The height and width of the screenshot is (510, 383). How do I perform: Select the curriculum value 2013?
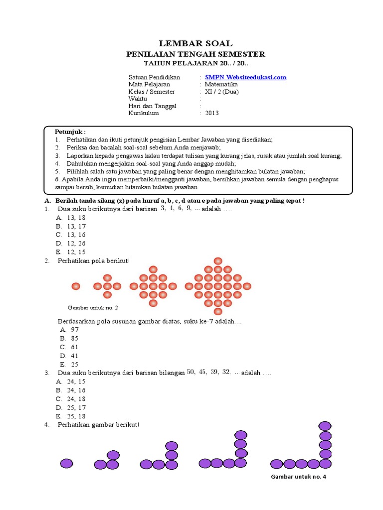[x=211, y=113]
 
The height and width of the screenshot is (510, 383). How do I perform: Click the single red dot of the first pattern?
[x=76, y=286]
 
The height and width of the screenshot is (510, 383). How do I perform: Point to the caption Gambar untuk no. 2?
[x=93, y=307]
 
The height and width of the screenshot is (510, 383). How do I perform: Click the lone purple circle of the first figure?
[x=66, y=463]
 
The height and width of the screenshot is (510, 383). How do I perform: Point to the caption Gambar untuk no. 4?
[x=298, y=477]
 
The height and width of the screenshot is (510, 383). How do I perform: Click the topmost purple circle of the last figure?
[x=325, y=426]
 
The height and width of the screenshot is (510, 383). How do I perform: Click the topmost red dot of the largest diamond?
[x=218, y=261]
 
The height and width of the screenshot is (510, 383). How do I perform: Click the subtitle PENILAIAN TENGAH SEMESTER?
[x=195, y=54]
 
